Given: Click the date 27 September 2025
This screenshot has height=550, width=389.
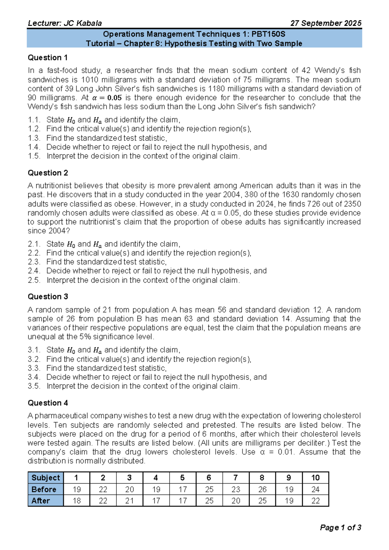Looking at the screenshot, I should pyautogui.click(x=326, y=23).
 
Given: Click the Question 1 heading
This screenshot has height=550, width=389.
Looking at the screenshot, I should pyautogui.click(x=48, y=58).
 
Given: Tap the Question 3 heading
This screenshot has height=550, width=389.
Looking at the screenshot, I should pyautogui.click(x=48, y=297).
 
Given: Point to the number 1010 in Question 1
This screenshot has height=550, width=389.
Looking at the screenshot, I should pyautogui.click(x=89, y=80).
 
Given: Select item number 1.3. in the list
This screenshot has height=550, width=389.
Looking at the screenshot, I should pyautogui.click(x=34, y=138).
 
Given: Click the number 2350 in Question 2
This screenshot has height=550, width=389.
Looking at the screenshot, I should pyautogui.click(x=352, y=204).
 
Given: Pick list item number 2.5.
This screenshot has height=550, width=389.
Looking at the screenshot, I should pyautogui.click(x=34, y=280).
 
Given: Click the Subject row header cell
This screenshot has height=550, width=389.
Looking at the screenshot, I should pyautogui.click(x=46, y=478).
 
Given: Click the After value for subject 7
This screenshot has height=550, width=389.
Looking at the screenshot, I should pyautogui.click(x=236, y=501).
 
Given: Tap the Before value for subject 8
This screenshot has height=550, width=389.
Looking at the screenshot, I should pyautogui.click(x=262, y=489).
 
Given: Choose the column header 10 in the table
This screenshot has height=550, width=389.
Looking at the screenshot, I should pyautogui.click(x=315, y=478).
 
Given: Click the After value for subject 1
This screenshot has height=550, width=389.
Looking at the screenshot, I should pyautogui.click(x=77, y=501).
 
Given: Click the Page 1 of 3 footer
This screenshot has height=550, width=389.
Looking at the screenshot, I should pyautogui.click(x=340, y=528).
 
